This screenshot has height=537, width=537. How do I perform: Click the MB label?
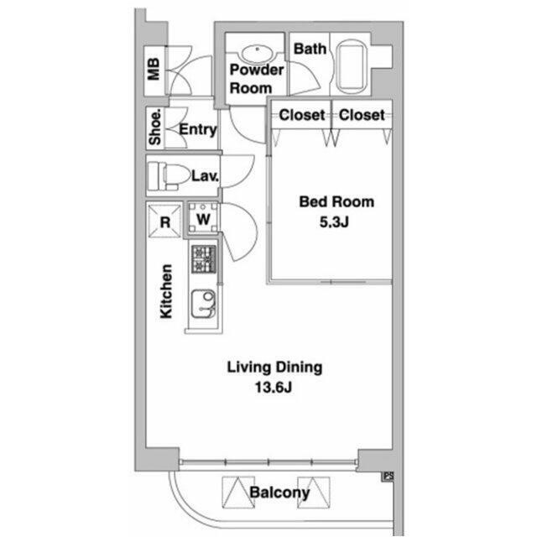(x=154, y=69)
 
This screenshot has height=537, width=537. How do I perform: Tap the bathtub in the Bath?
(x=352, y=66)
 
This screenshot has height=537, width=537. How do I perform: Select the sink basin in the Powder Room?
(x=258, y=54)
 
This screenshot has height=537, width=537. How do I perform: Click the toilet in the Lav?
(x=169, y=176)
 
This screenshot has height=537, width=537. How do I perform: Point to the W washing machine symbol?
(x=203, y=218)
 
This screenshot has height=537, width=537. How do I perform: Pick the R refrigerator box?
(x=164, y=222)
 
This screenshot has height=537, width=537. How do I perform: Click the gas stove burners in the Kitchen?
(x=204, y=259)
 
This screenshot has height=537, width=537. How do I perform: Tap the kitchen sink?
(x=203, y=304)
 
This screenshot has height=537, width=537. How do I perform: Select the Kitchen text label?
(x=166, y=291)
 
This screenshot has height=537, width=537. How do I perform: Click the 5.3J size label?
(x=334, y=222)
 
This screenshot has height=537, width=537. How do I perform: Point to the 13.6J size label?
(x=274, y=388)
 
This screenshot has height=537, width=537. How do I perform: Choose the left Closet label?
(x=302, y=115)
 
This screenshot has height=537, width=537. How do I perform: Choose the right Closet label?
(x=362, y=115)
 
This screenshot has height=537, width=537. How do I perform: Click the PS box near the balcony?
(x=388, y=477)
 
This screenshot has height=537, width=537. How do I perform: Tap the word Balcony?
(x=279, y=493)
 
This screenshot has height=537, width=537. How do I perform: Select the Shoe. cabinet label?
(x=154, y=127)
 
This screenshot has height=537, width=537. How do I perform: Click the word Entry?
(x=198, y=130)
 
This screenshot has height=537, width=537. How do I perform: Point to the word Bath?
(x=310, y=49)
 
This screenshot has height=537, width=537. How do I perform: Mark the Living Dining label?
(x=274, y=368)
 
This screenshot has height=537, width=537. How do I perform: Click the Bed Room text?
(x=336, y=201)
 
